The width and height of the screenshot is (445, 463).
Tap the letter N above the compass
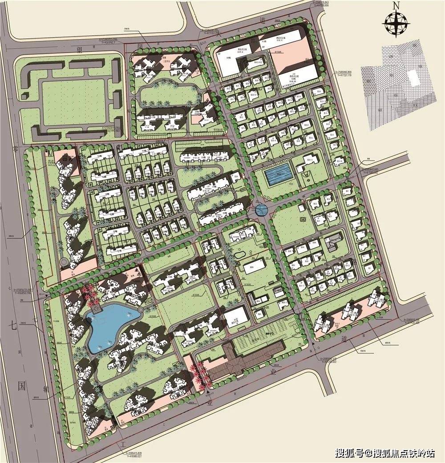(x=396, y=5)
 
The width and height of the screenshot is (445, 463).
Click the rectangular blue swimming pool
(x=279, y=175)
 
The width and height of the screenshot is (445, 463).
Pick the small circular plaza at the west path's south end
(x=64, y=262)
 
